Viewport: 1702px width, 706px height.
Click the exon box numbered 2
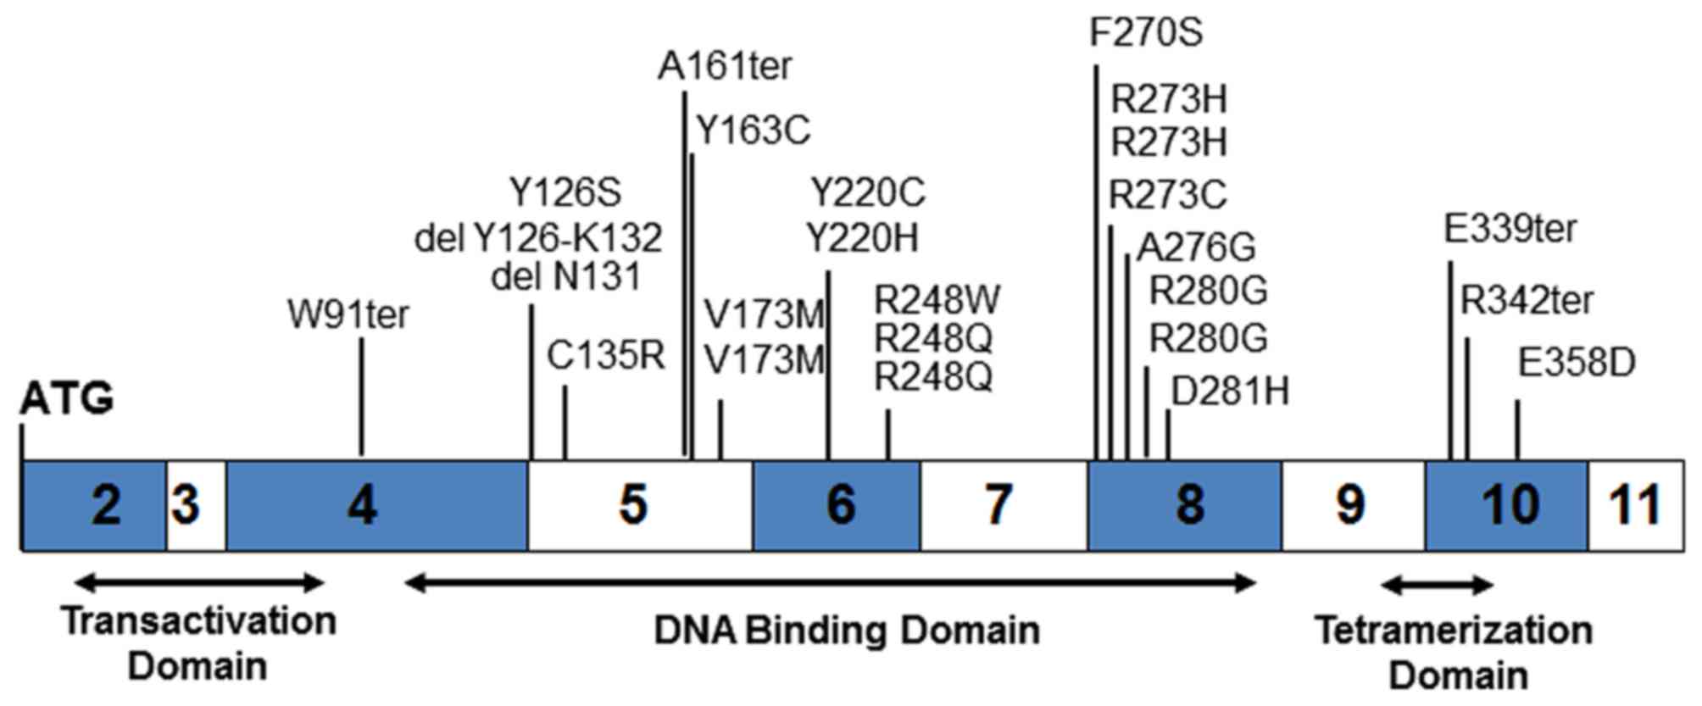94,506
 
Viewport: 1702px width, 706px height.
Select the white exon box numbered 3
196,506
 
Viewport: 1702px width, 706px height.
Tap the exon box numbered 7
1004,506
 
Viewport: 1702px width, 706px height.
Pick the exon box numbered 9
1353,506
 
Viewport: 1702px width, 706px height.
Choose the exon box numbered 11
1635,506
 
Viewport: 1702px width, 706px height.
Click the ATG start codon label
67,398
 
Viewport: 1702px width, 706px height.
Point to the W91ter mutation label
348,315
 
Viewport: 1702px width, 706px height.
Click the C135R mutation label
605,356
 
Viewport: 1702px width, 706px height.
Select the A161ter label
725,66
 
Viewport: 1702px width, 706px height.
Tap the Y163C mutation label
754,131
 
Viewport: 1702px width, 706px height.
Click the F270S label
1146,33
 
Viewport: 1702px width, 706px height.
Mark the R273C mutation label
1168,196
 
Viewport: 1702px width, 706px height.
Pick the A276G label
1196,247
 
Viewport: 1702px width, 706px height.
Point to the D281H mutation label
1230,392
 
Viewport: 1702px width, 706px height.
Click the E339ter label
1510,229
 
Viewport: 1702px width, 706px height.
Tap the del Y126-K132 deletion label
538,238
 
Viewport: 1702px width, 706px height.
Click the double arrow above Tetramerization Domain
1438,584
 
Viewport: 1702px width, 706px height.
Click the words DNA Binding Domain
847,631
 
